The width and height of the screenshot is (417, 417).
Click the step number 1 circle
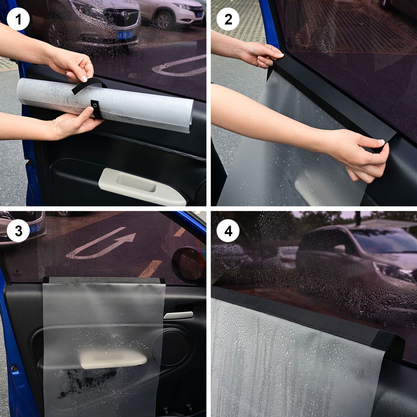[x=18, y=19]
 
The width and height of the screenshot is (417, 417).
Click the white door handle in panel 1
[x=141, y=186]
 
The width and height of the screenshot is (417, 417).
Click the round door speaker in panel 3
[x=172, y=347]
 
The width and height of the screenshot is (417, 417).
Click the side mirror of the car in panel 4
[x=339, y=249]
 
